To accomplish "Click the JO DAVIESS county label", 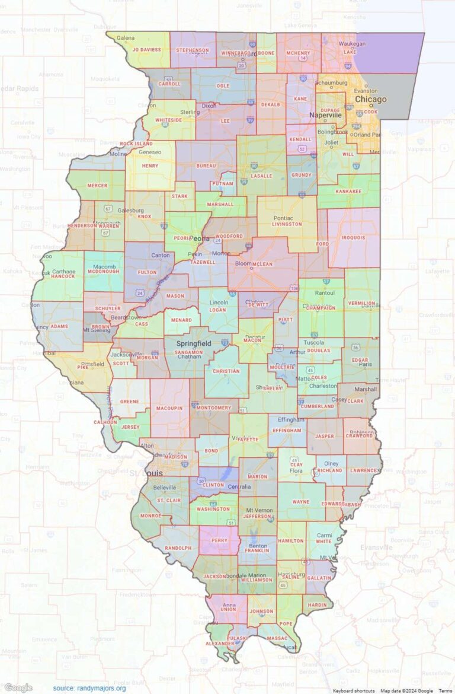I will coord(146,50).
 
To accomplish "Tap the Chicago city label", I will coord(370,99).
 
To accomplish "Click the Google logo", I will coord(18,687).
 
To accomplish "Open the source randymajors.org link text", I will coord(89,688).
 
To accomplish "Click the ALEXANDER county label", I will coord(220,644).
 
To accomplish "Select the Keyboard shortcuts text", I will coord(354,690).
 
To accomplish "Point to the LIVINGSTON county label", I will coord(287,225).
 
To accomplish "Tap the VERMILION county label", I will coord(361,303).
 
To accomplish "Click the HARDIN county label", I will coord(318,605).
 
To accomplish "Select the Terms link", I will coord(444,690).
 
